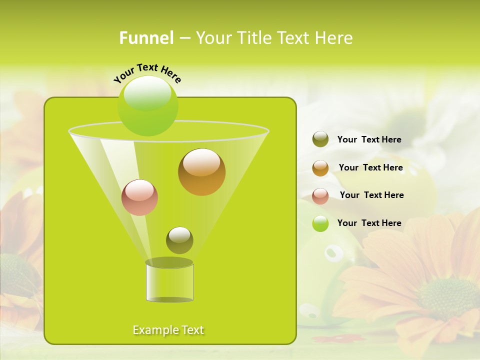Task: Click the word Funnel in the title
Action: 146,38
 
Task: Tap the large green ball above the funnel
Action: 147,105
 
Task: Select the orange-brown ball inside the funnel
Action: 201,172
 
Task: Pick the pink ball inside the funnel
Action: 139,197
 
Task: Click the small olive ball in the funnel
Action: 179,240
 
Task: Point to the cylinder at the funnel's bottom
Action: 169,281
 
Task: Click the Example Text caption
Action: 168,330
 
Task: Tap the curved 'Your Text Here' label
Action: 147,72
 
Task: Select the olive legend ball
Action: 320,139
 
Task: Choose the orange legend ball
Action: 320,168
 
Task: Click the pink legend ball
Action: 320,196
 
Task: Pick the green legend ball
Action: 320,223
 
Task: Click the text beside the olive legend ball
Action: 369,139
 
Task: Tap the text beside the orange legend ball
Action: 370,167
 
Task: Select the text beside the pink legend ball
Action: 371,195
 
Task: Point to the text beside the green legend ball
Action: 369,223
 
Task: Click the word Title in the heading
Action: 254,38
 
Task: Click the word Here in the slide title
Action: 333,38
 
